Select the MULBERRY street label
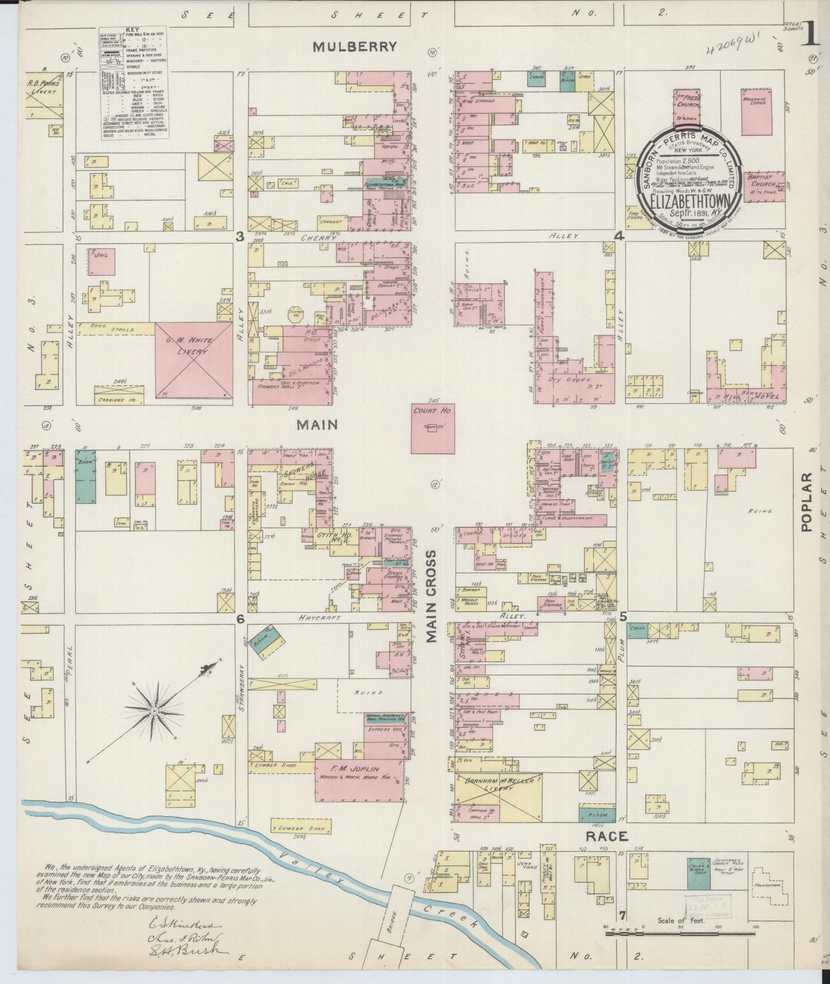coord(355,47)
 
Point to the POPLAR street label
coord(805,502)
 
